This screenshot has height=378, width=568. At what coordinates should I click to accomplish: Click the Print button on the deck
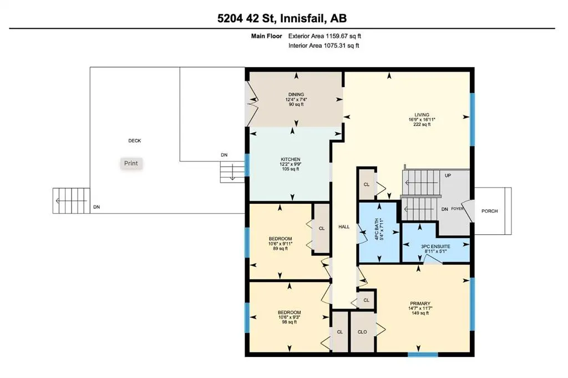pos(131,163)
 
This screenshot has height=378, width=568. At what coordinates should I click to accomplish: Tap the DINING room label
pos(296,94)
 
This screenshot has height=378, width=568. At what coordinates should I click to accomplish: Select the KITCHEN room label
pos(291,159)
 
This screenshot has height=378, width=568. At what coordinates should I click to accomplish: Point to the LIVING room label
pos(422,115)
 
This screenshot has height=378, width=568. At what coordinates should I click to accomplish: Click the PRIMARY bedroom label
pos(420,304)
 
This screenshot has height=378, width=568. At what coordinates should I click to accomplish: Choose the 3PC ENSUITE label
pos(435,246)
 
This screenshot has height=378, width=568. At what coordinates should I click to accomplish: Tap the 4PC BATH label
pos(377,229)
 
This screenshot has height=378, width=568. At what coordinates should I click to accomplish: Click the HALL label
pos(344,227)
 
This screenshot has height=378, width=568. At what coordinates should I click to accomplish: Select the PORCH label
pos(489,211)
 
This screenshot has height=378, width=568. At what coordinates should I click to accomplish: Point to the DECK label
pos(134,140)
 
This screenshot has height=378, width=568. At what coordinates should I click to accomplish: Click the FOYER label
pos(458,209)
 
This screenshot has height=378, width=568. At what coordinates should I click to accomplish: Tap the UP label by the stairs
pos(448,175)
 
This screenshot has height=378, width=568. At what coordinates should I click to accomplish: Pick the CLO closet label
pos(362,332)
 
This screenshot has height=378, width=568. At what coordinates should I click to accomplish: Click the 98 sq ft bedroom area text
pos(290,322)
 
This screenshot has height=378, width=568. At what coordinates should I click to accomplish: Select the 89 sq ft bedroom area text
pos(280,249)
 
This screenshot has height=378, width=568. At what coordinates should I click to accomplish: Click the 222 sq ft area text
pos(422,125)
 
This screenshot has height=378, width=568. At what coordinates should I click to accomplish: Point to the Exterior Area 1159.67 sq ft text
pos(324,36)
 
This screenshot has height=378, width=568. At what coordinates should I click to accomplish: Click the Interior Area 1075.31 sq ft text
pos(324,46)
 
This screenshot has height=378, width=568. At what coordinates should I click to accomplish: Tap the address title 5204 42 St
pos(247,18)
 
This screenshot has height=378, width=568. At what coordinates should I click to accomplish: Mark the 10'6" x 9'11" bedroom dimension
pos(280,244)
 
